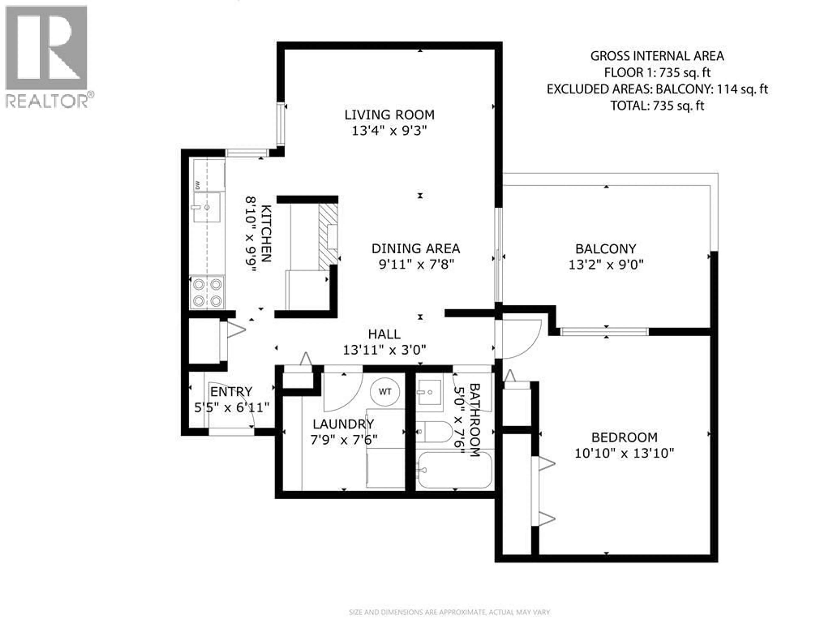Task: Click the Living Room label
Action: click(389, 115)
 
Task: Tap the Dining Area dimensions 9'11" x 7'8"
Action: click(416, 265)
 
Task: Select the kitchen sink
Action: click(207, 207)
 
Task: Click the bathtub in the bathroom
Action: click(454, 470)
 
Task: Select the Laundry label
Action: click(343, 424)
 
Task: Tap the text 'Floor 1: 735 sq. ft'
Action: click(657, 73)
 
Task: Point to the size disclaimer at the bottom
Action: click(450, 612)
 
